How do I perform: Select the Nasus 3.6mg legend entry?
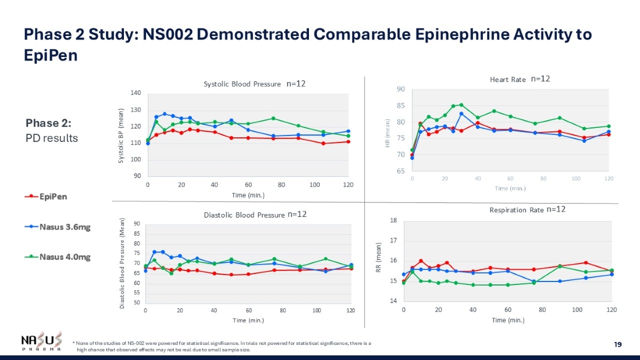click(57, 227)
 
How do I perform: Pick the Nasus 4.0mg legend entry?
click(57, 257)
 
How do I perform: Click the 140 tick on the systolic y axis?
click(136, 93)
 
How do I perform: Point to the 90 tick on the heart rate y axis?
click(401, 90)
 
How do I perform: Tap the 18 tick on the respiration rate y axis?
click(393, 220)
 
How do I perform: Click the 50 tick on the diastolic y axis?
click(136, 303)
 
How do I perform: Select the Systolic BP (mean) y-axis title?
click(121, 136)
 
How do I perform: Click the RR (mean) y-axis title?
click(378, 260)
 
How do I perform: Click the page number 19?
click(618, 345)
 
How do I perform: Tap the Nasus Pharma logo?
click(40, 341)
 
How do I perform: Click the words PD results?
click(52, 138)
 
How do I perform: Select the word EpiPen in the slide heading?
click(51, 55)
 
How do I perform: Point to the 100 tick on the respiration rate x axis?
click(577, 310)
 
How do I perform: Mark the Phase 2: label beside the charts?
click(49, 123)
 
